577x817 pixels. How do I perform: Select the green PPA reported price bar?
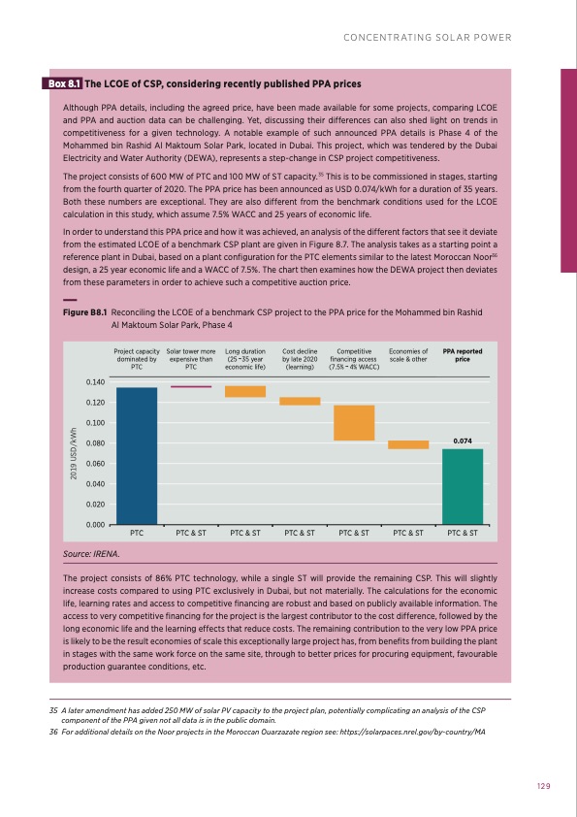463,486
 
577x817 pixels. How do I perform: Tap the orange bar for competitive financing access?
354,423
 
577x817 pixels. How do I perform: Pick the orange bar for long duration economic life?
245,391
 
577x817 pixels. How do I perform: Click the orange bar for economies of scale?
408,444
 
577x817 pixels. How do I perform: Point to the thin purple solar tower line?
191,386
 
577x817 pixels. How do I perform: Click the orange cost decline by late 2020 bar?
300,401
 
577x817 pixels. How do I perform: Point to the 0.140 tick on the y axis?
95,382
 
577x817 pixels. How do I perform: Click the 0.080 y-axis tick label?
95,443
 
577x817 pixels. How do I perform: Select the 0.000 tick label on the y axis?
95,525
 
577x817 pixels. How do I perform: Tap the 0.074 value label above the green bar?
463,441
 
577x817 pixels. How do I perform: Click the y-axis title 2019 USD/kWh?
72,452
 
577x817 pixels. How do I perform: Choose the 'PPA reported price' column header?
463,355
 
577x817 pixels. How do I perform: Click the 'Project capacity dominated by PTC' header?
137,359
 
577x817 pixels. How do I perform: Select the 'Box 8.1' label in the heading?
65,84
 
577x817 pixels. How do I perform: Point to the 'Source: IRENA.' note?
91,554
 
